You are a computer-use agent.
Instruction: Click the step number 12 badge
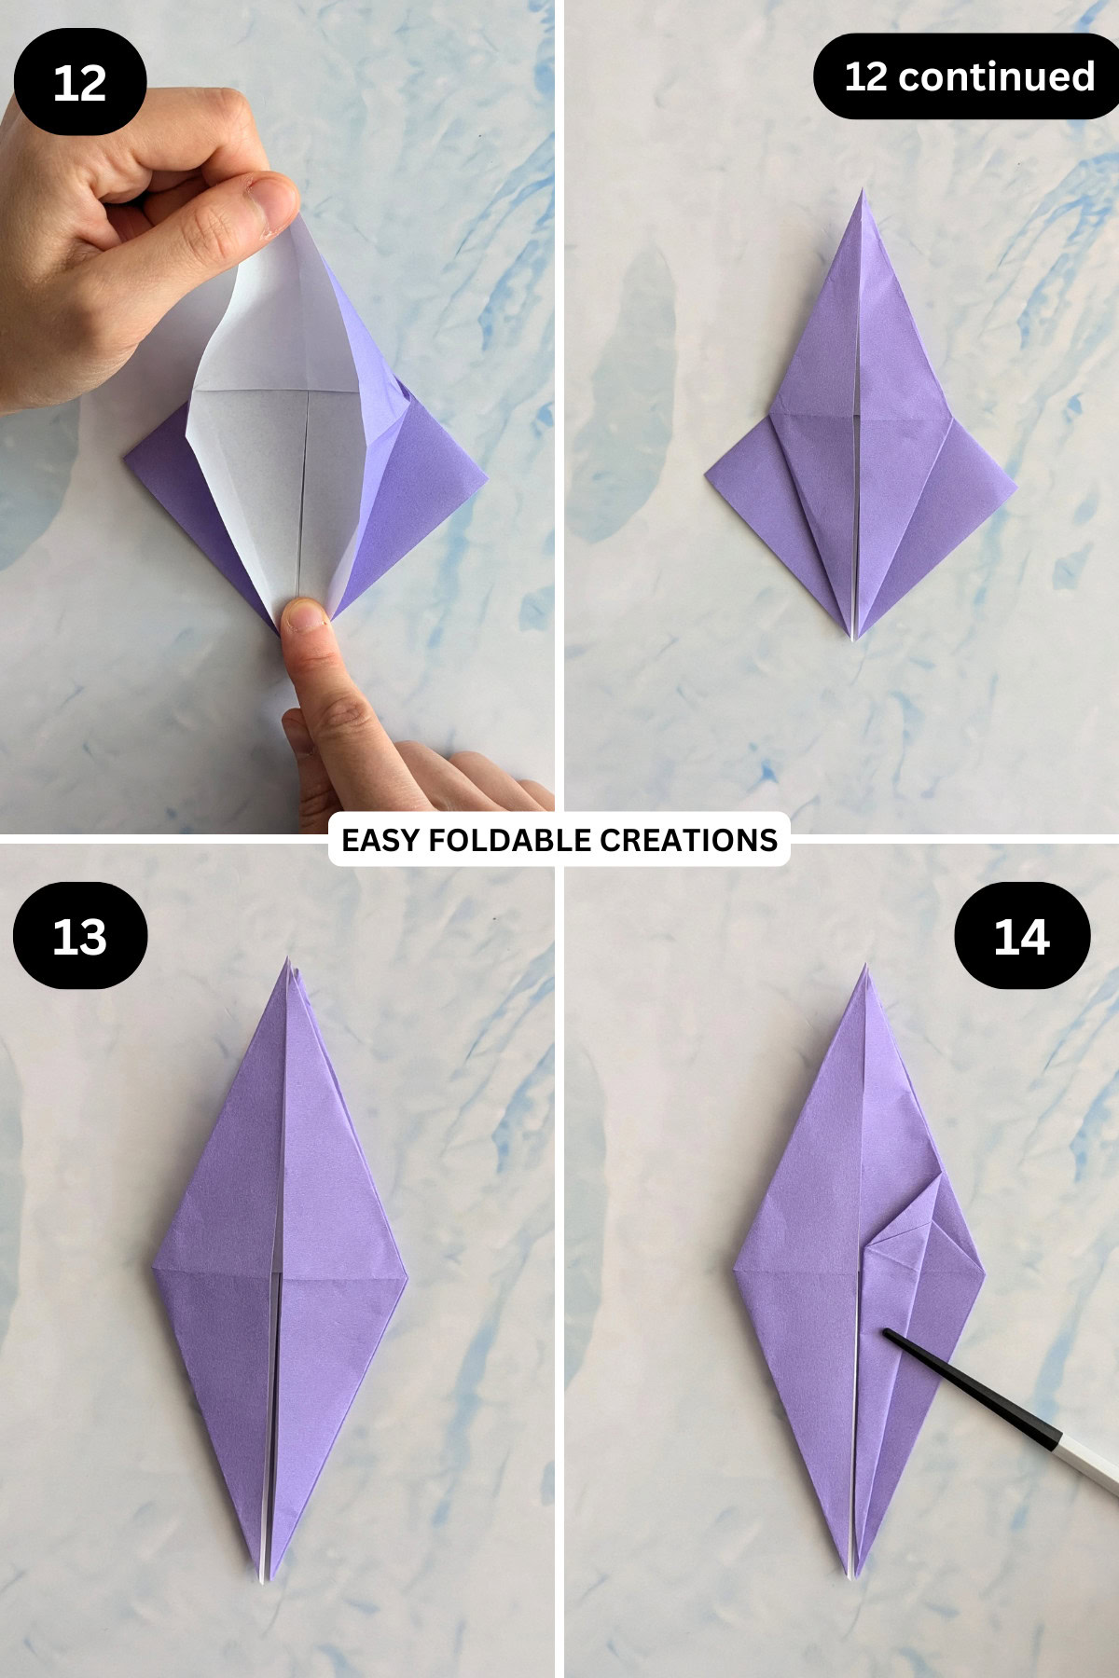(79, 82)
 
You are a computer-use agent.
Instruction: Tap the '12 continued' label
(968, 76)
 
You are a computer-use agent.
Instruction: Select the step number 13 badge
(79, 936)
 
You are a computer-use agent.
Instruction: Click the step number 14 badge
(1021, 936)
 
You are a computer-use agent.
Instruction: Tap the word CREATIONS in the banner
(688, 840)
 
